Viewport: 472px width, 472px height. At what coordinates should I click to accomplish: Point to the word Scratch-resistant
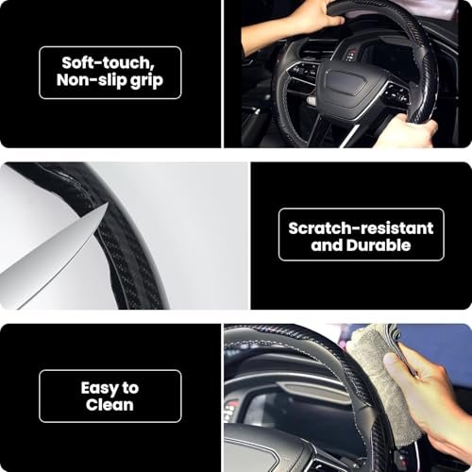(x=361, y=228)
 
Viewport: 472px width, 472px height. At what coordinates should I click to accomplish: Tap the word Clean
(x=110, y=406)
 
